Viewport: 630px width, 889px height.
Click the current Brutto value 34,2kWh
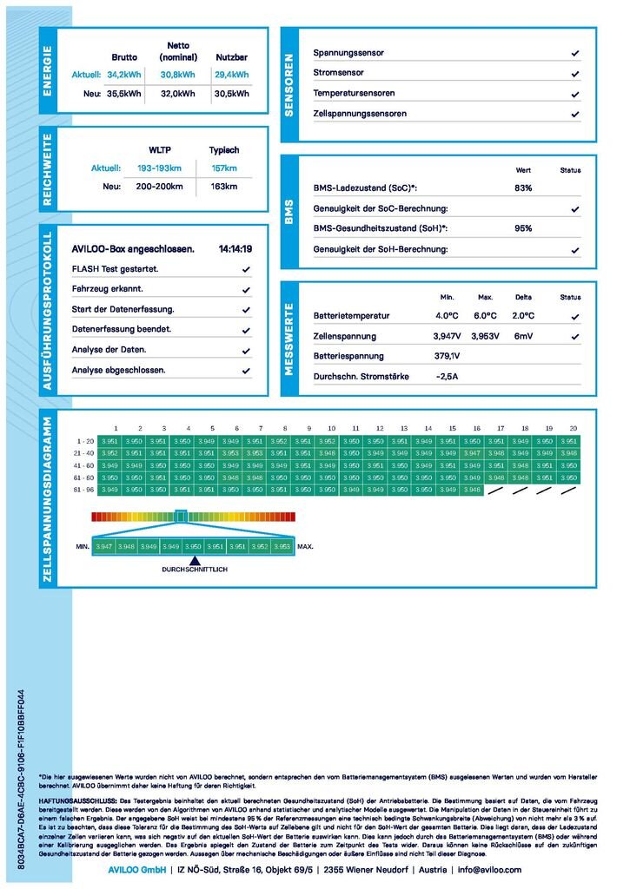pos(124,75)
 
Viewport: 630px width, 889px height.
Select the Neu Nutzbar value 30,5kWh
pos(231,94)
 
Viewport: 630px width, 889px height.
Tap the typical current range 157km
pos(224,168)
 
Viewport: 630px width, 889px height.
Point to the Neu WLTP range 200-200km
pos(160,187)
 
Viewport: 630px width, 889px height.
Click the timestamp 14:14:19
pos(235,249)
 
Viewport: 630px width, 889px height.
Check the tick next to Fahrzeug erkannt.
pos(247,289)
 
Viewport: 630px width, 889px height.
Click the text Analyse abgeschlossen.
pos(118,370)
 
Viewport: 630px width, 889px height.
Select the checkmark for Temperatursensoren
pos(575,94)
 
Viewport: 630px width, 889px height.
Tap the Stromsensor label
pos(339,73)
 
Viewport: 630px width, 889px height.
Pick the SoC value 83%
pos(523,188)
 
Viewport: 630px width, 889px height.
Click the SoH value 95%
pos(523,228)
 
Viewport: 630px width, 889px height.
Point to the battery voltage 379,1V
pos(447,356)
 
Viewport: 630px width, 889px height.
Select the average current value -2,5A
pos(447,377)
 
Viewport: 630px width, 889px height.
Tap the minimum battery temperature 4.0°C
pos(447,316)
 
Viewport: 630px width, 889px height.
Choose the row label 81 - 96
pos(84,490)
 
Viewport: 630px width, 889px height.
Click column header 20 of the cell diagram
pos(573,429)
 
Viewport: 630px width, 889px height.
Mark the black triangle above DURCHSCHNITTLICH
pos(193,559)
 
